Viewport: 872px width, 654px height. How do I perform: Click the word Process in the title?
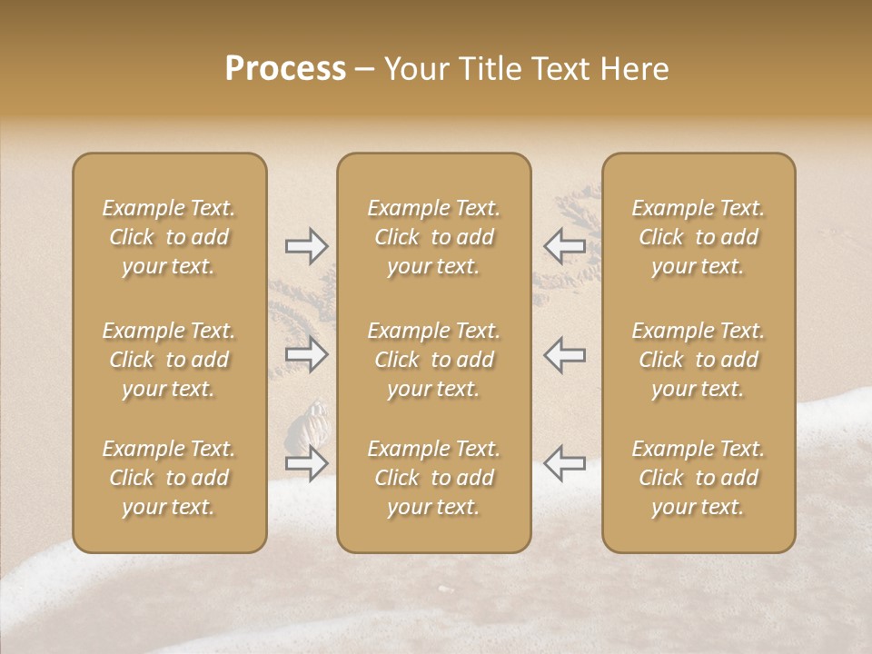tap(285, 69)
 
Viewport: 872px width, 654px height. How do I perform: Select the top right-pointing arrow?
tap(306, 246)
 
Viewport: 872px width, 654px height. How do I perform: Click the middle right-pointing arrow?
tap(306, 354)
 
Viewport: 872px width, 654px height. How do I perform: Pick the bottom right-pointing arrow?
tap(306, 463)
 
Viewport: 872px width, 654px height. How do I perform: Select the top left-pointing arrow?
tap(564, 246)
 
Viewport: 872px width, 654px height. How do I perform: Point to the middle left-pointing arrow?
tap(564, 354)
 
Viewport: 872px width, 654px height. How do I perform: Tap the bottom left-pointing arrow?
tap(564, 463)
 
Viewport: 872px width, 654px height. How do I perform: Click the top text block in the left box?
tap(169, 237)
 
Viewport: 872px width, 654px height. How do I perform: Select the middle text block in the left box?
tap(169, 360)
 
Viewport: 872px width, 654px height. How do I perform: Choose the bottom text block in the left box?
tap(169, 478)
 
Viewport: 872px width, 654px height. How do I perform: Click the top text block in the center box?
tap(433, 237)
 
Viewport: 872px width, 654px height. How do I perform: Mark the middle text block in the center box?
tap(433, 360)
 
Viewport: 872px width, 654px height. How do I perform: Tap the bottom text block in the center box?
tap(433, 478)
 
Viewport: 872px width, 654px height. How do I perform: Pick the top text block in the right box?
tap(699, 237)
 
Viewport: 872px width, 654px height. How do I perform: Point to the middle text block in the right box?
tap(699, 360)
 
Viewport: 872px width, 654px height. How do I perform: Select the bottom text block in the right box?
tap(699, 478)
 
